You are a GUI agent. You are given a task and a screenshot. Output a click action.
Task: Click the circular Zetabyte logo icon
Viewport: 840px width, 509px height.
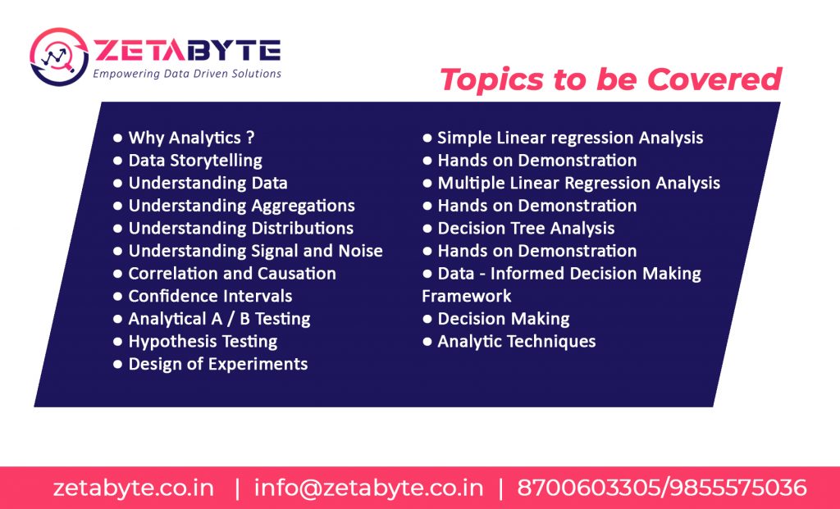(x=59, y=57)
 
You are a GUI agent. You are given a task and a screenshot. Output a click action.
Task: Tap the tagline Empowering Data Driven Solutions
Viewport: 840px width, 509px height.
(x=187, y=74)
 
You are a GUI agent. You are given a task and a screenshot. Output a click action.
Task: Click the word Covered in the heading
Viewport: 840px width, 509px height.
(x=714, y=80)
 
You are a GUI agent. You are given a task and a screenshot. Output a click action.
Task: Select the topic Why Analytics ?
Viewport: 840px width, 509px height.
(x=191, y=138)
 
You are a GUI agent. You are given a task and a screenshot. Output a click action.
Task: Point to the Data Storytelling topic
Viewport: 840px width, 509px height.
(x=195, y=161)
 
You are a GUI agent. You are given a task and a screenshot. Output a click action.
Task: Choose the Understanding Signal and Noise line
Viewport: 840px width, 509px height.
(x=256, y=251)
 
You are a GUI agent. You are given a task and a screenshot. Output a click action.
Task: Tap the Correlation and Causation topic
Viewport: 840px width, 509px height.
(x=232, y=274)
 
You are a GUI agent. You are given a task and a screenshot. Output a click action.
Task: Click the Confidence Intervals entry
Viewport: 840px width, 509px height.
(x=210, y=296)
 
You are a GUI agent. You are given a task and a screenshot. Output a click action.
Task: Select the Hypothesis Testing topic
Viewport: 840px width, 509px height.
(x=203, y=342)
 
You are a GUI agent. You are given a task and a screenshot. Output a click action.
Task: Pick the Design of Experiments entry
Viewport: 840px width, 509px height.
(x=218, y=364)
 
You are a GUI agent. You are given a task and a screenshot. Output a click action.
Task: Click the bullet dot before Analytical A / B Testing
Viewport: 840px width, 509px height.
(x=118, y=319)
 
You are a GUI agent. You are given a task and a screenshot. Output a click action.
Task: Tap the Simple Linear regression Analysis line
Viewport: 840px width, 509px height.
(x=570, y=138)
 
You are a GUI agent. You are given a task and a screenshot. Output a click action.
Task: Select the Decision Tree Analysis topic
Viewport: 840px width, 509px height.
(x=526, y=229)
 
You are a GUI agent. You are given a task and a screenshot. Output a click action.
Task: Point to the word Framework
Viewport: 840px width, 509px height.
(x=467, y=296)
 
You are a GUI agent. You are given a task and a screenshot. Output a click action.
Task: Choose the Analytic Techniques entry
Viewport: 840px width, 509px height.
(x=517, y=342)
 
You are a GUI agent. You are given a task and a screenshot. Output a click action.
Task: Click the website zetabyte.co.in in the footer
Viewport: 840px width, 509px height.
(x=134, y=489)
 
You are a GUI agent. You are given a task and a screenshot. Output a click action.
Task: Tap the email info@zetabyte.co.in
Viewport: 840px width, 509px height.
(x=368, y=489)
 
